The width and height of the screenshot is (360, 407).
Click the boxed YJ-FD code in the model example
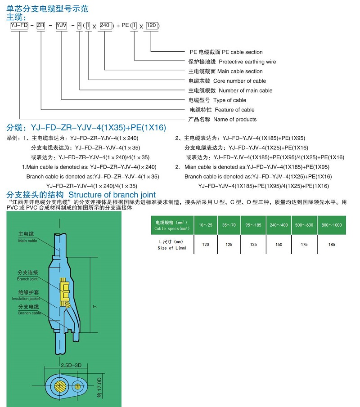pyautogui.click(x=19, y=26)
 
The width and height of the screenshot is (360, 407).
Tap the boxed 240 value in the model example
pyautogui.click(x=104, y=26)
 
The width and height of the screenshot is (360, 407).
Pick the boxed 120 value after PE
pyautogui.click(x=151, y=26)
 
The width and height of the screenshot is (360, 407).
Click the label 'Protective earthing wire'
pyautogui.click(x=247, y=62)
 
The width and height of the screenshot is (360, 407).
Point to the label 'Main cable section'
pyautogui.click(x=240, y=71)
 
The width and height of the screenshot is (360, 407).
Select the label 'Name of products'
pyautogui.click(x=235, y=119)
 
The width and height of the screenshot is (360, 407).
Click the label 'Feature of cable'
pyautogui.click(x=234, y=110)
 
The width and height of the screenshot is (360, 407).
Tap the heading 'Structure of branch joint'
pyautogui.click(x=112, y=195)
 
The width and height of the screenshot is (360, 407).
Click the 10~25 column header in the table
pyautogui.click(x=206, y=225)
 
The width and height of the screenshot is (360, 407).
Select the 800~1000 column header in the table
pyautogui.click(x=332, y=225)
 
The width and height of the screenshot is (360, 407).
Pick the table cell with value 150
pyautogui.click(x=279, y=245)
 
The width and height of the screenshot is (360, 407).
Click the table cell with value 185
pyautogui.click(x=332, y=245)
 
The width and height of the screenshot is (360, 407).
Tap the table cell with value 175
pyautogui.click(x=305, y=245)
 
